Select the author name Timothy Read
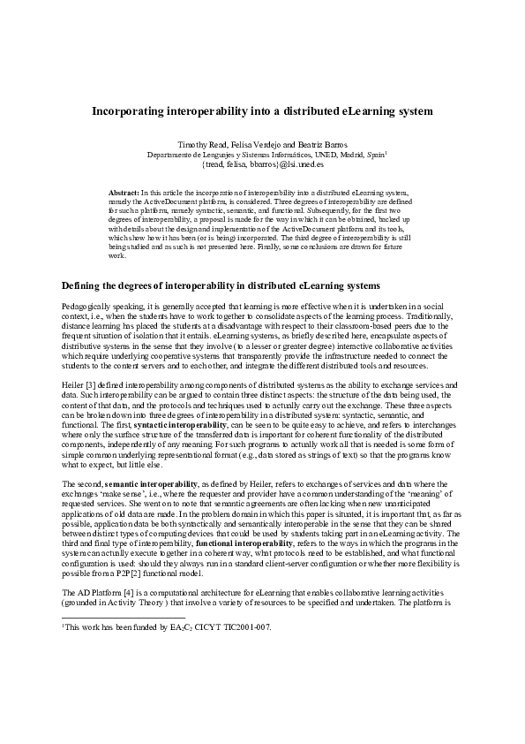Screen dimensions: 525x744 click(x=202, y=143)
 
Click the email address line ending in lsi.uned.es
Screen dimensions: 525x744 click(x=263, y=163)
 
